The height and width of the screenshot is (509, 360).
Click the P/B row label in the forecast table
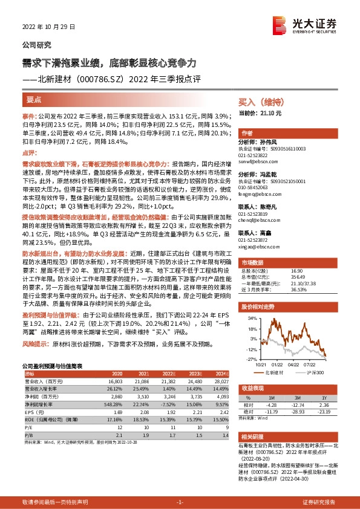point(28,434)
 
